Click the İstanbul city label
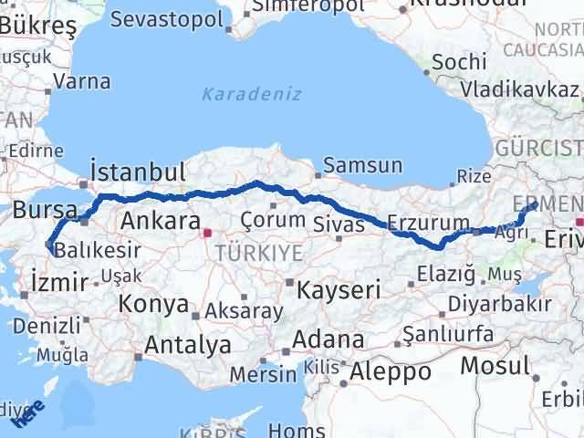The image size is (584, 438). [x=139, y=172]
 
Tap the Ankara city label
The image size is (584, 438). [x=160, y=221]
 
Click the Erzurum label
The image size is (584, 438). [x=428, y=223]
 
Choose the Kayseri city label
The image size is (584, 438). [x=339, y=290]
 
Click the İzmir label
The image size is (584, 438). [x=59, y=281]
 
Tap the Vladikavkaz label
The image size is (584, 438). [x=519, y=89]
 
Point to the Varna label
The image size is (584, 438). [x=81, y=81]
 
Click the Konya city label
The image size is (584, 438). [x=156, y=305]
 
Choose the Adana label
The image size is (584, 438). [x=323, y=340]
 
